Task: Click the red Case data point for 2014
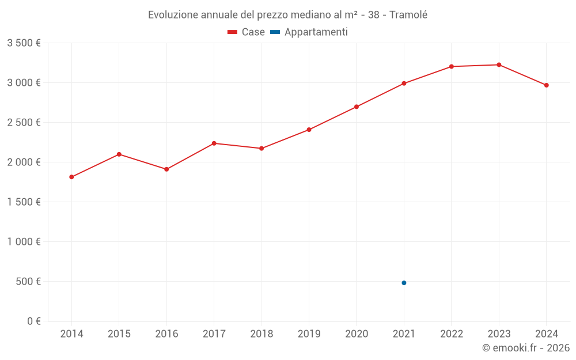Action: click(71, 177)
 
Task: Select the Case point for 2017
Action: click(214, 143)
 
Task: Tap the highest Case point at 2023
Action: click(499, 65)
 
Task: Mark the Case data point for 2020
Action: click(357, 107)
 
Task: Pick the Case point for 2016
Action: click(166, 169)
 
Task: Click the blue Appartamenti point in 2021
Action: click(404, 283)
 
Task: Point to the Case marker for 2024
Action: click(546, 85)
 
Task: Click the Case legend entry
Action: click(246, 32)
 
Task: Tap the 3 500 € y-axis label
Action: click(24, 43)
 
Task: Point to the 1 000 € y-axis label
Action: click(24, 242)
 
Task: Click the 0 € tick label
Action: click(33, 321)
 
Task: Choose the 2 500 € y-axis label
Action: click(24, 123)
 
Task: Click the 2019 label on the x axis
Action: click(309, 334)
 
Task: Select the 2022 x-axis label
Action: click(451, 334)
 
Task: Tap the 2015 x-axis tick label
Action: click(119, 334)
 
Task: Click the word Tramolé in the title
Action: click(408, 15)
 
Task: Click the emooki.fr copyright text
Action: click(526, 348)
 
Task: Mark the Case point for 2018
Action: click(262, 149)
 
